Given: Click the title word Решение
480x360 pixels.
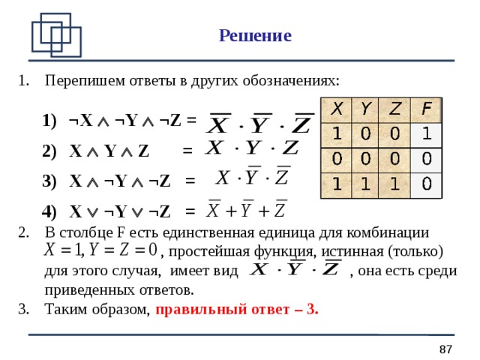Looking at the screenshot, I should click(x=255, y=36).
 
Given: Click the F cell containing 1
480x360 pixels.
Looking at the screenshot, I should click(x=425, y=134).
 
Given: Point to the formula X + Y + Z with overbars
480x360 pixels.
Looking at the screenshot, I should click(x=246, y=208).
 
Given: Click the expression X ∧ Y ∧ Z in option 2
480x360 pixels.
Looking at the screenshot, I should click(x=109, y=151).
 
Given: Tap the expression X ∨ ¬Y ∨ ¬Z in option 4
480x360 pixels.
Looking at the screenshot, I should click(x=119, y=211).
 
